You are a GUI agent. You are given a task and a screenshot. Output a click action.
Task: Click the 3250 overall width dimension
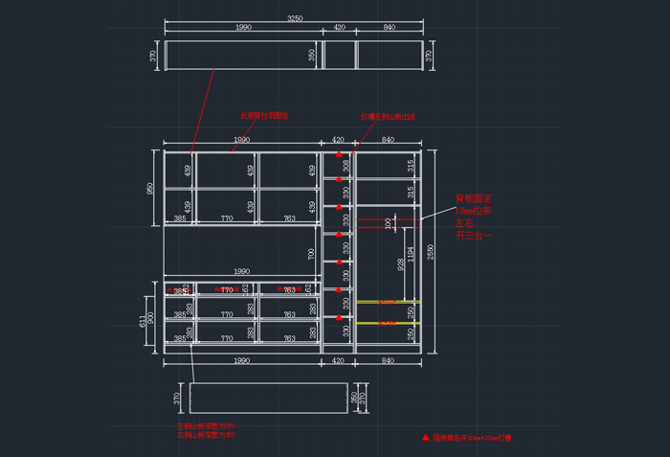click(295, 18)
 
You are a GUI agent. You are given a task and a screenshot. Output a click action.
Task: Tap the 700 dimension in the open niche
click(311, 253)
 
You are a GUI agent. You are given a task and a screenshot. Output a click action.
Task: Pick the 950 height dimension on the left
click(150, 189)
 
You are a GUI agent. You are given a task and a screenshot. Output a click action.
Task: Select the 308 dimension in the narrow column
click(346, 165)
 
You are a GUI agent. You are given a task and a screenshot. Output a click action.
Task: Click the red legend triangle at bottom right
click(425, 437)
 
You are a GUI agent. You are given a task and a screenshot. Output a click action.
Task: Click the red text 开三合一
click(472, 234)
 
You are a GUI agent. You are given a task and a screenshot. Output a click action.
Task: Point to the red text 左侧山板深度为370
click(206, 426)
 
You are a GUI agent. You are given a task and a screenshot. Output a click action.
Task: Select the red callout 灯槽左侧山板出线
click(388, 116)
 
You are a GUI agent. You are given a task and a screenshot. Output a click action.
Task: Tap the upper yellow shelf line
click(388, 302)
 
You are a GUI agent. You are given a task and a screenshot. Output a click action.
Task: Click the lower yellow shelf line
click(388, 323)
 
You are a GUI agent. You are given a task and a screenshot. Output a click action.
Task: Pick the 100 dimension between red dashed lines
click(388, 223)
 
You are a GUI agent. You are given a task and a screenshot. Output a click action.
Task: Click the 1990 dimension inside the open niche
click(241, 271)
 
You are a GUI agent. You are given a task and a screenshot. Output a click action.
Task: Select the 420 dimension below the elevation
click(338, 360)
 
